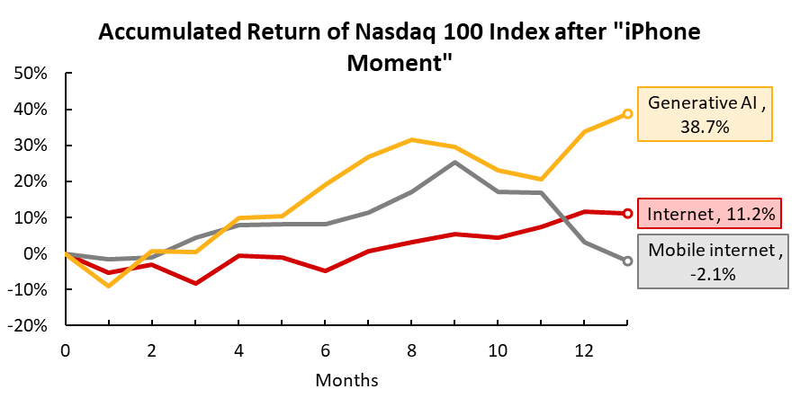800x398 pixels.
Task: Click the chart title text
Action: click(399, 47)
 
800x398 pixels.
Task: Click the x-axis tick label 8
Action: click(412, 348)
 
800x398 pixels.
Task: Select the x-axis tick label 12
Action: click(584, 348)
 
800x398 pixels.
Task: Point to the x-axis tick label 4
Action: click(238, 348)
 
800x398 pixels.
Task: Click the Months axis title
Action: click(346, 379)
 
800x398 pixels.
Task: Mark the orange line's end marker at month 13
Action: click(627, 114)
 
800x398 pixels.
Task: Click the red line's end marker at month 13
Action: click(627, 213)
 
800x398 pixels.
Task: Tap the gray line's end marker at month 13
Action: click(627, 261)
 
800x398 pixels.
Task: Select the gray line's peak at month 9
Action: click(455, 162)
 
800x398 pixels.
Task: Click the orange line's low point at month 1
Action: click(109, 286)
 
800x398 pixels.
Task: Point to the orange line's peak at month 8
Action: click(412, 139)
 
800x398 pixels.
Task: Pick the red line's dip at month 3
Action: click(195, 283)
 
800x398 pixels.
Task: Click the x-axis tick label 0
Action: click(66, 348)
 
